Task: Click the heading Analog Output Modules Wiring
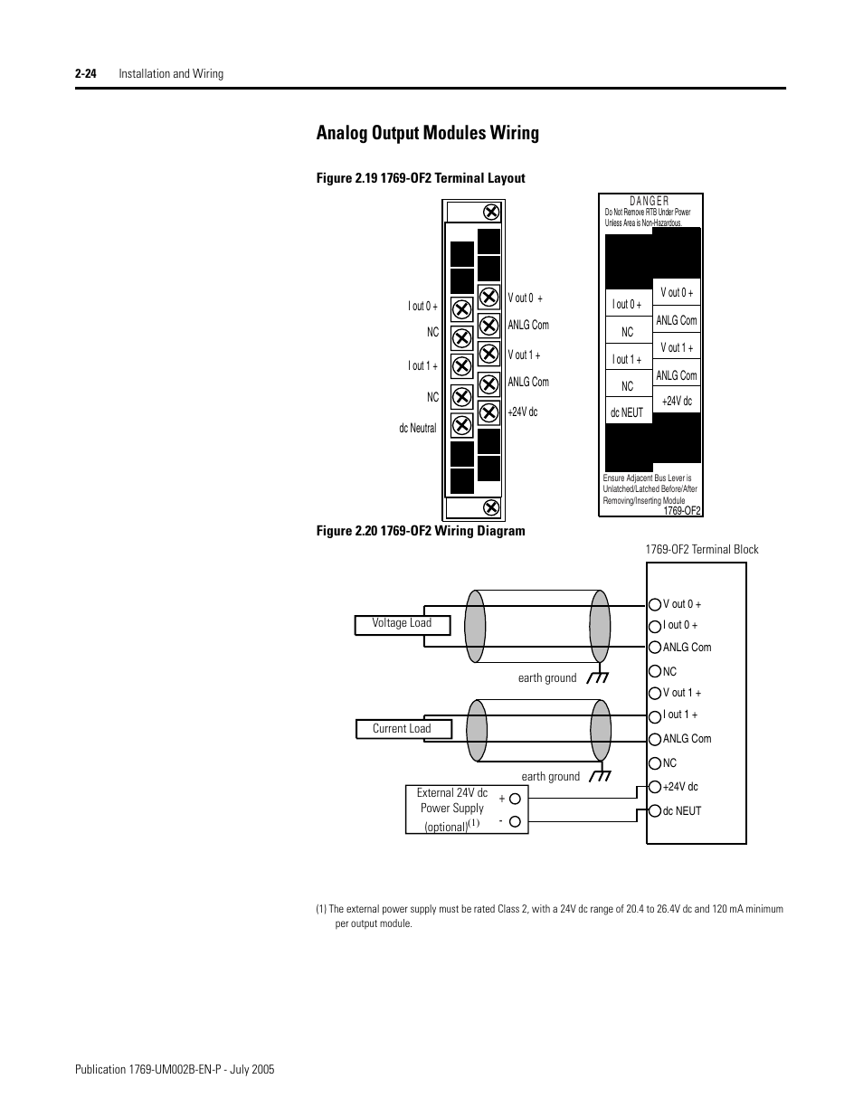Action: click(x=427, y=133)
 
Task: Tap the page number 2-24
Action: click(x=86, y=73)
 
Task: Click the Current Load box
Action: click(x=403, y=729)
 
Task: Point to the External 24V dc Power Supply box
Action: click(x=452, y=809)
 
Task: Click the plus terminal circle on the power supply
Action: click(x=515, y=798)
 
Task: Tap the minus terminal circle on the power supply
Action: click(x=515, y=822)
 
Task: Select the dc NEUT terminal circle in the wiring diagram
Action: click(x=655, y=810)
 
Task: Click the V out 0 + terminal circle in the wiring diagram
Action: click(x=655, y=604)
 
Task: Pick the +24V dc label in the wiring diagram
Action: click(x=680, y=787)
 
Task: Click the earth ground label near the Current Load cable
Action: click(x=550, y=776)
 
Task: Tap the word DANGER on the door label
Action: click(x=650, y=202)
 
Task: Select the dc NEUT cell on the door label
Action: click(x=627, y=412)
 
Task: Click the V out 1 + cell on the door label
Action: click(x=677, y=347)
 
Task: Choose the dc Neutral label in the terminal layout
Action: click(x=417, y=428)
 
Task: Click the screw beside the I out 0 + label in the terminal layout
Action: click(x=461, y=308)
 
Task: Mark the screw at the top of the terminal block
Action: click(x=491, y=213)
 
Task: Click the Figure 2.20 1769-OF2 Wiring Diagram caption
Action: click(x=421, y=531)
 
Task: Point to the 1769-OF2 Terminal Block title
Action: click(x=702, y=549)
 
